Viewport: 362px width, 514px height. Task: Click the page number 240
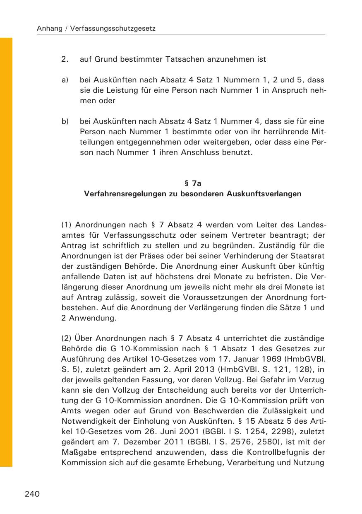pyautogui.click(x=32, y=494)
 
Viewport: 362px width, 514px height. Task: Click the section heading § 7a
pyautogui.click(x=192, y=183)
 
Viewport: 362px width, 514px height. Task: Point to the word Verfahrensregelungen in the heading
pyautogui.click(x=120, y=193)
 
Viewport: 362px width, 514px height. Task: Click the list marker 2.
pyautogui.click(x=65, y=59)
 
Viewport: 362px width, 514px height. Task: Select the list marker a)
pyautogui.click(x=65, y=80)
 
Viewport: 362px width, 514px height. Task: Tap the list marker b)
pyautogui.click(x=65, y=122)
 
